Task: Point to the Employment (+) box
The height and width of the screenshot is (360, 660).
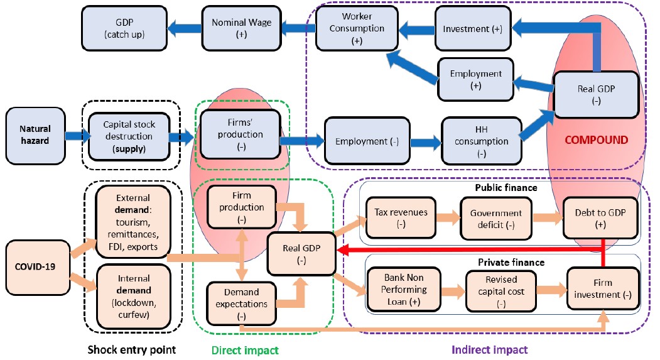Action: tap(475, 80)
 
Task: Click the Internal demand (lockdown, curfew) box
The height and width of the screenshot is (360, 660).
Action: tap(133, 297)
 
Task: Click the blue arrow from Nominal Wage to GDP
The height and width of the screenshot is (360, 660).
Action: tap(180, 27)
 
